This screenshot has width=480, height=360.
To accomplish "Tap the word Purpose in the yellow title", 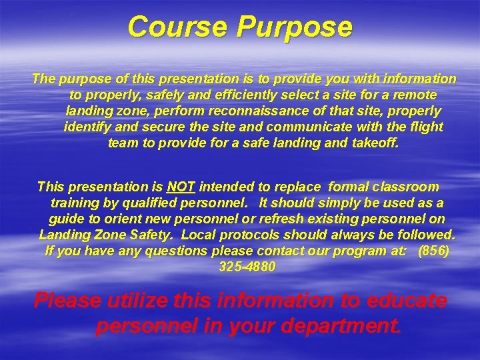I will [294, 27].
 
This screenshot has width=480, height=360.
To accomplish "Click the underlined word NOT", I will [181, 187].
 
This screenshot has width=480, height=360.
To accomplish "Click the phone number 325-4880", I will [247, 267].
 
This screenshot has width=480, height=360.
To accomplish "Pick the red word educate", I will [408, 301].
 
